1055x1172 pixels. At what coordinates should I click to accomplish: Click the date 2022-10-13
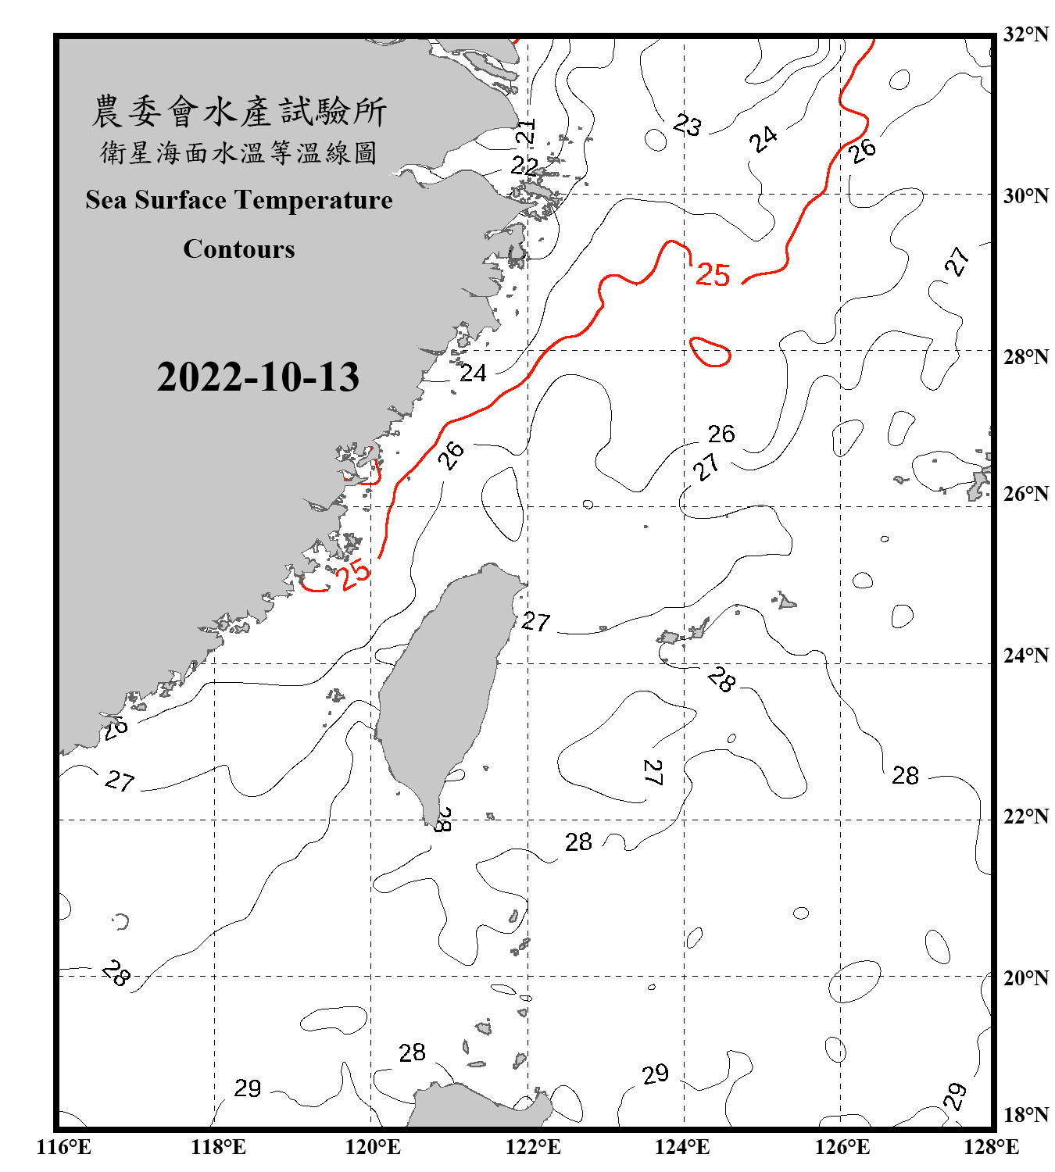click(x=258, y=377)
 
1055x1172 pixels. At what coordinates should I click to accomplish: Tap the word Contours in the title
click(x=239, y=249)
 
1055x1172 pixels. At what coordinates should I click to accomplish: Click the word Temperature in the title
click(x=314, y=200)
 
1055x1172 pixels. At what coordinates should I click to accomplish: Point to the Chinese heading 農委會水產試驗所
click(x=239, y=112)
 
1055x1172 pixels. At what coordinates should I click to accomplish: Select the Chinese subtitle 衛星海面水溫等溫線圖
click(x=239, y=152)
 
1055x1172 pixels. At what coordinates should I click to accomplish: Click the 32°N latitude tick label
click(x=1026, y=34)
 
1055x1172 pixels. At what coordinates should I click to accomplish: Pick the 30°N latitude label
click(x=1026, y=196)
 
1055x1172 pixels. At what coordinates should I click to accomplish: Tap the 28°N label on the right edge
click(x=1026, y=357)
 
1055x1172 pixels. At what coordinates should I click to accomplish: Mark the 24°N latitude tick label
click(x=1026, y=656)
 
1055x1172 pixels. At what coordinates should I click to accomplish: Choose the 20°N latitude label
click(x=1026, y=978)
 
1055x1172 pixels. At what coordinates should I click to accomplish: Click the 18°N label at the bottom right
click(x=1026, y=1115)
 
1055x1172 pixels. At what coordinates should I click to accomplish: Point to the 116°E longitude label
click(x=64, y=1147)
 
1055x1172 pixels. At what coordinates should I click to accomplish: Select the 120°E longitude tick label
click(x=373, y=1147)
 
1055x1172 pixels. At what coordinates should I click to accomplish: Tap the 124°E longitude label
click(x=682, y=1147)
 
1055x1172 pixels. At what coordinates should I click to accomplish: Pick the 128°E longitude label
click(x=991, y=1147)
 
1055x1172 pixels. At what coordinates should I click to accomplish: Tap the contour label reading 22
click(x=524, y=166)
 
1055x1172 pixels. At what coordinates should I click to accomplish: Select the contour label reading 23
click(x=688, y=125)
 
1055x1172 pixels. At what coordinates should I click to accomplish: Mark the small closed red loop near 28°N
click(x=710, y=352)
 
